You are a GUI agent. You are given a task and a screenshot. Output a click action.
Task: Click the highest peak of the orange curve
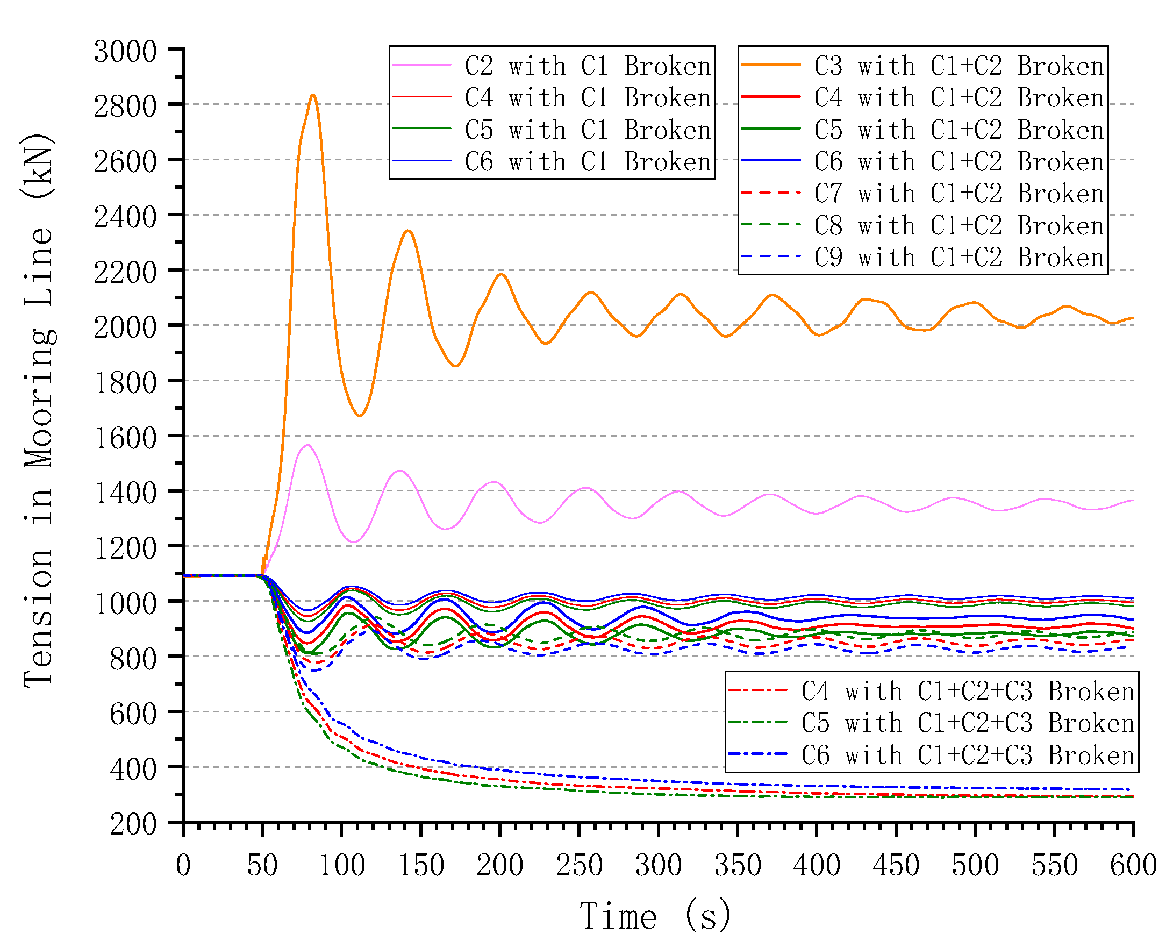(312, 95)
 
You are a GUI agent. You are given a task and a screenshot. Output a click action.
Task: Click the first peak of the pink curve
(308, 445)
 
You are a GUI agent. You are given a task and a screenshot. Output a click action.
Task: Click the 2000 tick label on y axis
(126, 327)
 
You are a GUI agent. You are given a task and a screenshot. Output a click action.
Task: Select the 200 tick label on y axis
(133, 823)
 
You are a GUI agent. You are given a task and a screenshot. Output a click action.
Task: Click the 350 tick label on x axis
(738, 866)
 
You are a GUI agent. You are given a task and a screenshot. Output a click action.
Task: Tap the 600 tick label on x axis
(1133, 866)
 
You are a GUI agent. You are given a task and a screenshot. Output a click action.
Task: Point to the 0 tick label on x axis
(183, 866)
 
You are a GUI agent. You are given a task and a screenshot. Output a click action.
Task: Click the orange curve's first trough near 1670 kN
(360, 416)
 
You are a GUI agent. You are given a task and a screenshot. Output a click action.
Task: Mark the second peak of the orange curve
(407, 231)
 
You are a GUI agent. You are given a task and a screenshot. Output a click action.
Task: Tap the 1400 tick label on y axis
(126, 493)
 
